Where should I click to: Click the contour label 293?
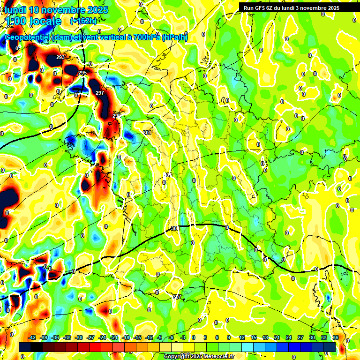(x=60, y=57)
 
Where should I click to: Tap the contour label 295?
(x=82, y=73)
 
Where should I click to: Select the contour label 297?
(x=99, y=93)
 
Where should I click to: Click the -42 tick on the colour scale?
(x=32, y=337)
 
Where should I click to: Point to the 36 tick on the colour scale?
(x=336, y=337)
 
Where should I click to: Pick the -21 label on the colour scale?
(x=114, y=337)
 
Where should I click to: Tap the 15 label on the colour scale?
(x=254, y=337)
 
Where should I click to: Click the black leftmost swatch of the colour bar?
(x=25, y=347)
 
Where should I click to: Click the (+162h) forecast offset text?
(x=83, y=21)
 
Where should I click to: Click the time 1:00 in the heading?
(x=15, y=21)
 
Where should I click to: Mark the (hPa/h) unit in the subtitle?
(x=174, y=37)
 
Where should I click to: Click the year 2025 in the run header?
(x=331, y=8)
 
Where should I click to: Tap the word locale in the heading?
(x=45, y=21)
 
